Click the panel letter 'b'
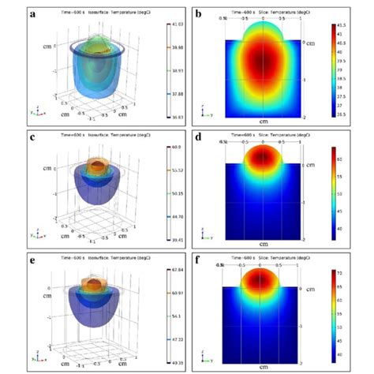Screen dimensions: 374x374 click(198, 13)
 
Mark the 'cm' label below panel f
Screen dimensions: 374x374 click(264, 365)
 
